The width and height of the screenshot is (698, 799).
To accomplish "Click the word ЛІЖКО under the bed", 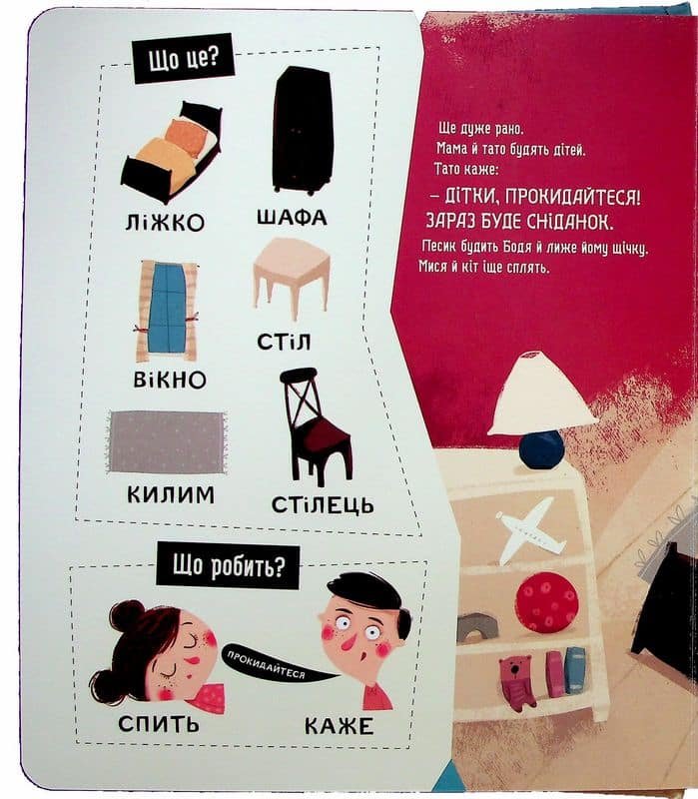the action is [x=165, y=222].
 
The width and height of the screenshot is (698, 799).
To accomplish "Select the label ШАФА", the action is [x=292, y=218].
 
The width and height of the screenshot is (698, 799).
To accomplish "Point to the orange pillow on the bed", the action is [x=186, y=136].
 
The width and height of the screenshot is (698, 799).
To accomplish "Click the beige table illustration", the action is [x=291, y=274].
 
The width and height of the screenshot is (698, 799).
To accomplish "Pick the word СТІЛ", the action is [x=284, y=342].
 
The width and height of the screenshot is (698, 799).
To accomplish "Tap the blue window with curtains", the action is [x=166, y=312].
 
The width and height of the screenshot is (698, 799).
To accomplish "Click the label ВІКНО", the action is [x=170, y=381].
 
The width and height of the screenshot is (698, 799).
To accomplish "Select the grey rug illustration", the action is [x=167, y=442].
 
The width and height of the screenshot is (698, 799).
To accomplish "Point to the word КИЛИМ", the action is [x=171, y=494].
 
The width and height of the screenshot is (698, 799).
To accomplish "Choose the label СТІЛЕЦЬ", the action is [x=323, y=505].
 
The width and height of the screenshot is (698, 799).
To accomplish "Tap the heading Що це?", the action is [x=184, y=58].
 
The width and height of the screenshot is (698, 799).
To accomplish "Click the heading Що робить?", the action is [x=228, y=566].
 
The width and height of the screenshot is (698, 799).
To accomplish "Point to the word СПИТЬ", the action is [x=159, y=723].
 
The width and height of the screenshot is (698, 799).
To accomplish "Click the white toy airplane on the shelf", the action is [x=530, y=531].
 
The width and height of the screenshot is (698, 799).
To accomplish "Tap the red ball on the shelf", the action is [x=546, y=602].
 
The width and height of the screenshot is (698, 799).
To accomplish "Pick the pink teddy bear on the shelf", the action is [x=516, y=683].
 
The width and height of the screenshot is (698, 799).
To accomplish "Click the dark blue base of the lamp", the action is [x=541, y=448].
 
